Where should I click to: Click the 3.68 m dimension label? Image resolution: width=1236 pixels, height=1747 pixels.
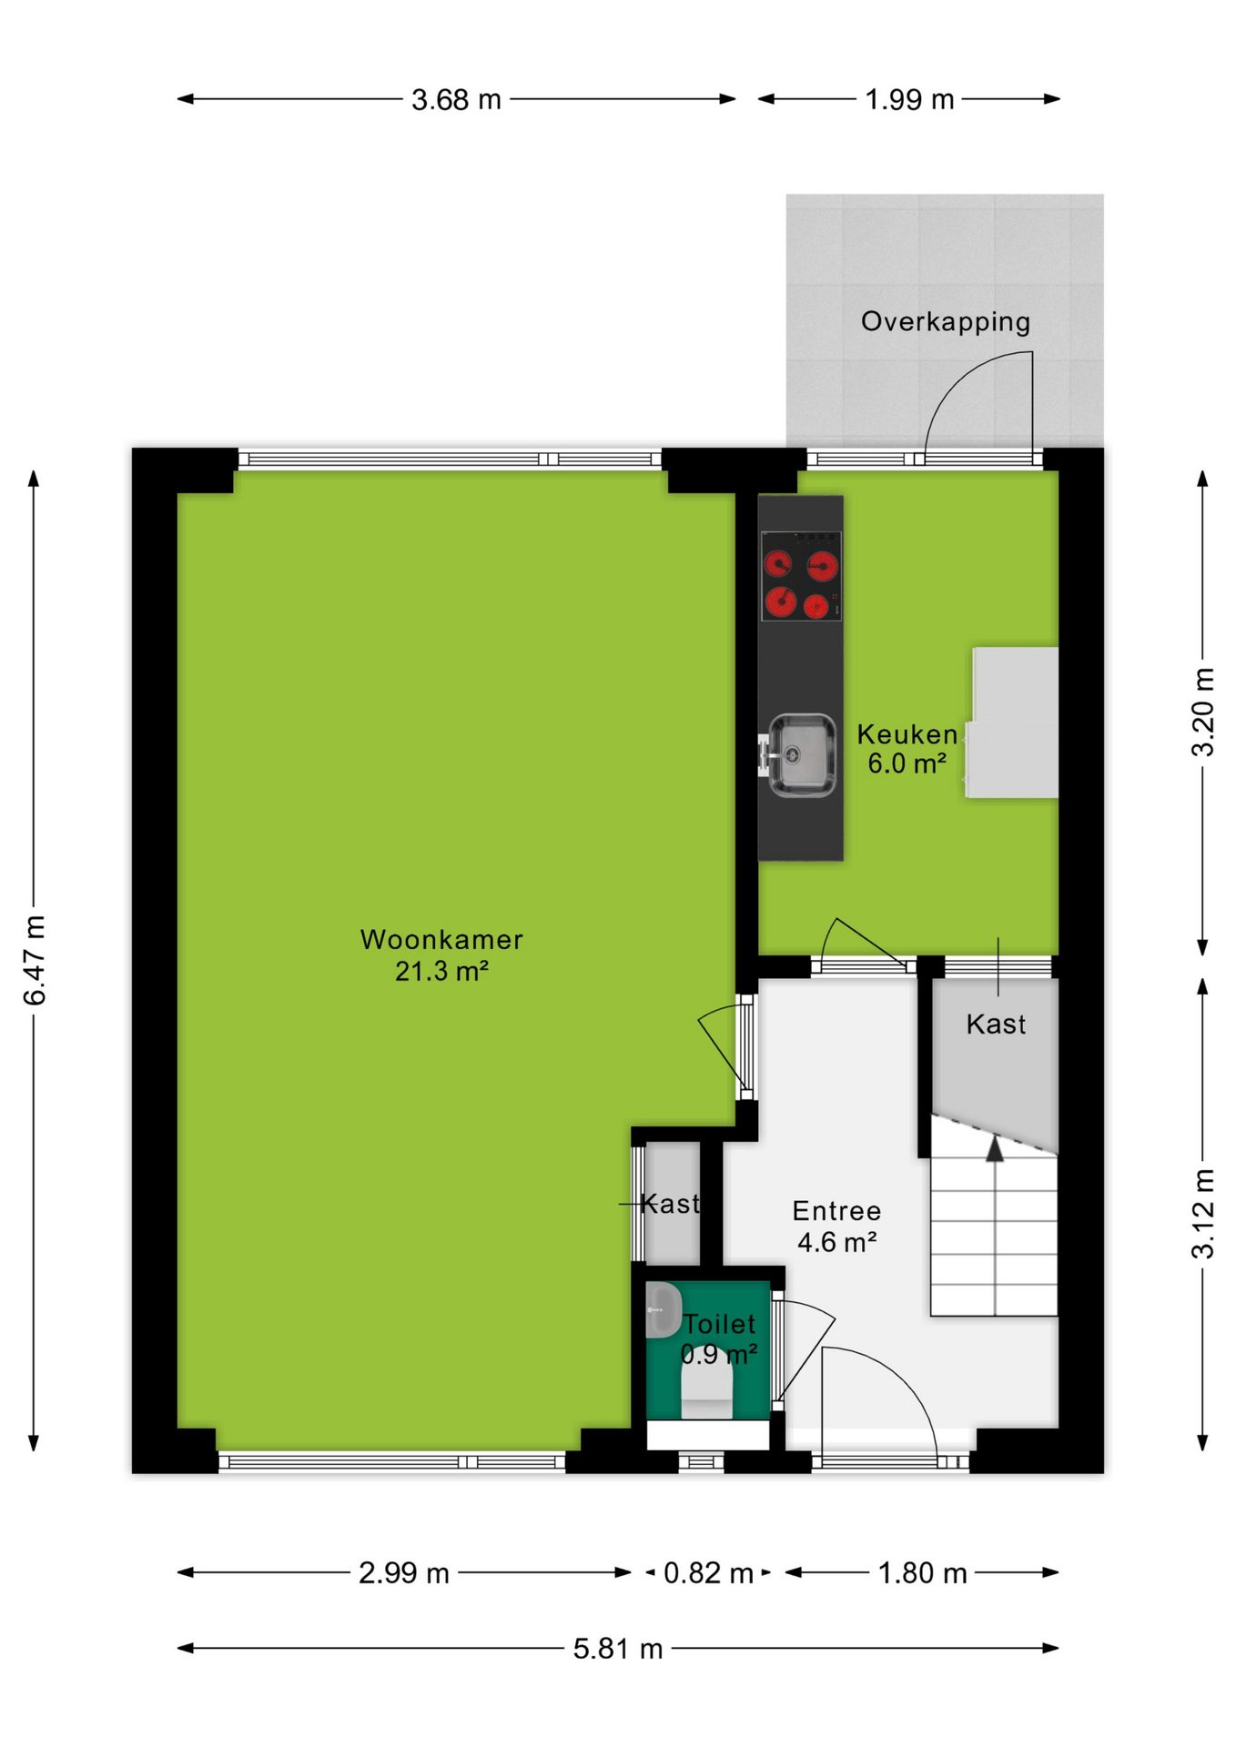point(456,99)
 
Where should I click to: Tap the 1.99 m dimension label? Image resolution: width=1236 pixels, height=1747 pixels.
point(909,99)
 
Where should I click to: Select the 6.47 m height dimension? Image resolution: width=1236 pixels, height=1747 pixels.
point(34,961)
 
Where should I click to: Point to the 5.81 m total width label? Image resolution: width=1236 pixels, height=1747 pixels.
point(618,1649)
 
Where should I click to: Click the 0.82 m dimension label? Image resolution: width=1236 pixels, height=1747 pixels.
point(708,1573)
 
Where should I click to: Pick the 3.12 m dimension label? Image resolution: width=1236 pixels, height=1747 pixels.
point(1203,1214)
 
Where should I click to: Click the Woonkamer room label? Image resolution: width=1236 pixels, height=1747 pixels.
point(441,940)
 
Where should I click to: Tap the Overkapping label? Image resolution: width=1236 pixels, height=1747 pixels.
point(946,322)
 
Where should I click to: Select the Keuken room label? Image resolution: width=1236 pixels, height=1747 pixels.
point(907,734)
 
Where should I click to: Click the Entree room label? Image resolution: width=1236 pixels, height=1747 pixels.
point(836,1211)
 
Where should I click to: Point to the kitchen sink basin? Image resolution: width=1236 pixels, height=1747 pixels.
point(802,754)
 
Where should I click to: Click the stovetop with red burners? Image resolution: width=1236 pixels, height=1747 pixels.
point(801,576)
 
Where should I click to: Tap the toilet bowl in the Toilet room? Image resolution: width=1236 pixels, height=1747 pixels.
point(707,1391)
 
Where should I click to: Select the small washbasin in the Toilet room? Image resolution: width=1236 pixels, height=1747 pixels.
point(664,1310)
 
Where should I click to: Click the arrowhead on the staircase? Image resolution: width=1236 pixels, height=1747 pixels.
point(995,1148)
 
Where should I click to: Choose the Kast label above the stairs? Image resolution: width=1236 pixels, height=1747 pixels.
point(996,1025)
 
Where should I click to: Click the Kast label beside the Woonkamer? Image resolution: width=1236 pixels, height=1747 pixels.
point(671,1204)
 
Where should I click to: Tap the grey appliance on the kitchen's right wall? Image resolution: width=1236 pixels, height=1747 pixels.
point(1012,722)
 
